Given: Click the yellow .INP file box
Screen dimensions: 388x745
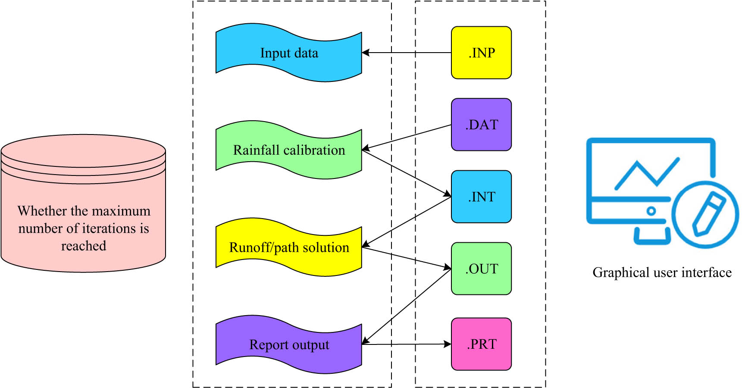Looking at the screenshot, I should (x=481, y=53).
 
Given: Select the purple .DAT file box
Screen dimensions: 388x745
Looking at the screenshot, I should (x=481, y=125).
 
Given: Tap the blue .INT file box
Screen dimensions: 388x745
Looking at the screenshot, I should (x=481, y=197).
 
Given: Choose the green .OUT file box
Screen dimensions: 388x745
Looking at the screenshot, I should (x=481, y=269).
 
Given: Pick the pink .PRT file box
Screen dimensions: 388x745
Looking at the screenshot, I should (x=481, y=344).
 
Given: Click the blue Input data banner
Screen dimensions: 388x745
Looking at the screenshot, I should (x=289, y=53).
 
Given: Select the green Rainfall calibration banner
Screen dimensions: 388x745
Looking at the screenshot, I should (x=289, y=150).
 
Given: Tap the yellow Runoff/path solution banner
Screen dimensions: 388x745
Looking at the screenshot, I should (x=289, y=247).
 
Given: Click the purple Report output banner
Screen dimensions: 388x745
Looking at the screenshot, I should (x=289, y=344).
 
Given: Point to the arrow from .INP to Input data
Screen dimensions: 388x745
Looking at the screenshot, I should (x=405, y=53).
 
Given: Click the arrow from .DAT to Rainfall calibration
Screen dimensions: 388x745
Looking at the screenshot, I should (x=405, y=137).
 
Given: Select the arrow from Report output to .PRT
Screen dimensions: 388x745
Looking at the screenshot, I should (x=405, y=344).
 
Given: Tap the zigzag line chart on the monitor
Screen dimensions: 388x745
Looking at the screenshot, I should (x=647, y=172).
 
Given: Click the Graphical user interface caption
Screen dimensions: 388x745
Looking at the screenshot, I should (x=662, y=272).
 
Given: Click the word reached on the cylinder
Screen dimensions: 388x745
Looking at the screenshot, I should (x=83, y=246).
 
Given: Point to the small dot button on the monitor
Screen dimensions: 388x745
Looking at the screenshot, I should (x=651, y=211).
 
